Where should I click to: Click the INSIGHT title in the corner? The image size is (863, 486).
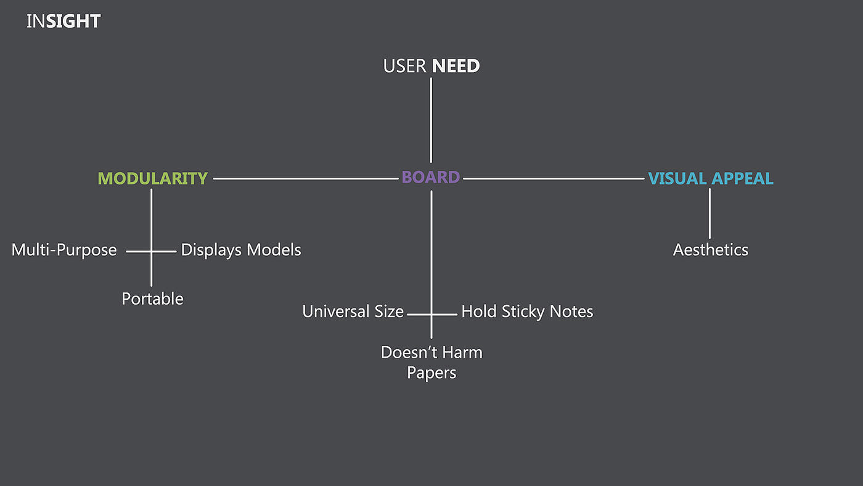pyautogui.click(x=63, y=22)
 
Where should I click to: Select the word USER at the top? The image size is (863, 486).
pyautogui.click(x=404, y=66)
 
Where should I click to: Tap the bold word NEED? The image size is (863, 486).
pyautogui.click(x=456, y=66)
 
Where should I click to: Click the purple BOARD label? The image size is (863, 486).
pyautogui.click(x=431, y=178)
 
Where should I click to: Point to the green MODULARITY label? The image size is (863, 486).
pyautogui.click(x=153, y=178)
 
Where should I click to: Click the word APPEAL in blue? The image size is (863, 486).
pyautogui.click(x=742, y=178)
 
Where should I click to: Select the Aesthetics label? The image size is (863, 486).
pyautogui.click(x=711, y=250)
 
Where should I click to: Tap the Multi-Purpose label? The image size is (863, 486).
pyautogui.click(x=64, y=250)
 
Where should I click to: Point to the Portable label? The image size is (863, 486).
pyautogui.click(x=152, y=299)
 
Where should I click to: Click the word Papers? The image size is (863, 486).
pyautogui.click(x=431, y=373)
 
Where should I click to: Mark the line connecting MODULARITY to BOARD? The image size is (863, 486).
pyautogui.click(x=305, y=179)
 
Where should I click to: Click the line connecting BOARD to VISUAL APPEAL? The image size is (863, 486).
pyautogui.click(x=554, y=179)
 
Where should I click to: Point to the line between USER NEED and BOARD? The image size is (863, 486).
pyautogui.click(x=431, y=120)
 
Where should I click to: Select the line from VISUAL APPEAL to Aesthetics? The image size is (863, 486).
pyautogui.click(x=710, y=213)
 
